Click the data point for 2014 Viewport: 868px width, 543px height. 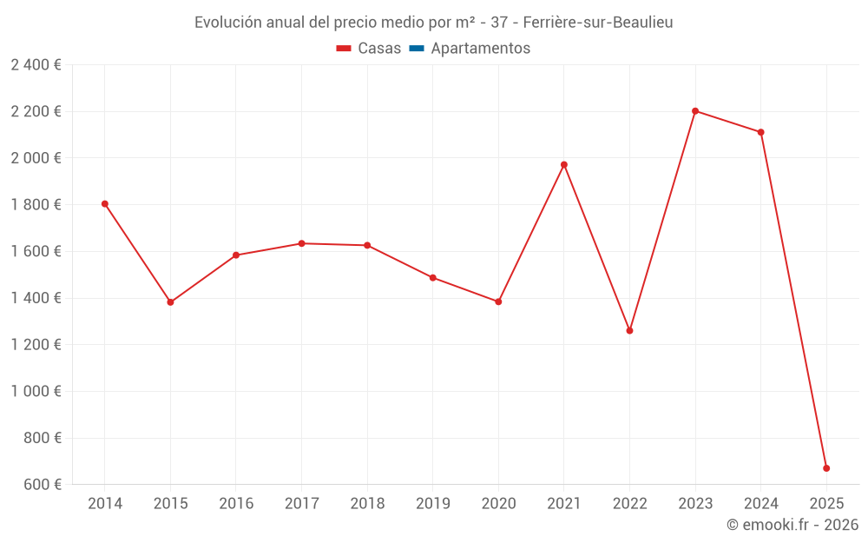[105, 204]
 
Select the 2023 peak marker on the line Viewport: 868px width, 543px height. [695, 111]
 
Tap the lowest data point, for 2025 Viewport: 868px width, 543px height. [826, 468]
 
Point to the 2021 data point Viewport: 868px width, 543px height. [564, 165]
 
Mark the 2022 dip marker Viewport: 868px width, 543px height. [629, 330]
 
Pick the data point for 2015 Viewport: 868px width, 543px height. [170, 302]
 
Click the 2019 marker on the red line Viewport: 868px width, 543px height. [433, 278]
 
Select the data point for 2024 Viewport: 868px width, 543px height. [761, 132]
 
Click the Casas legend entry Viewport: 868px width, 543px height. [369, 49]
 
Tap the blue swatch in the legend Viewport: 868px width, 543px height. [416, 49]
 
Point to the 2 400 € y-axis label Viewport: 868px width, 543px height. [36, 65]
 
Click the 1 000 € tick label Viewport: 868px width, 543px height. [36, 391]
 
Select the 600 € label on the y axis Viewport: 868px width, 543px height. [43, 485]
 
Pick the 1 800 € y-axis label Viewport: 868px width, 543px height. [36, 205]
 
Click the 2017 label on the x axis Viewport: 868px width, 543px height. [301, 504]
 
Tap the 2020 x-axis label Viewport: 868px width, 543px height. [498, 504]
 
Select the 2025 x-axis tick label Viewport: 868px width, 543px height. [826, 504]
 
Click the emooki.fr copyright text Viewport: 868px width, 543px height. [792, 525]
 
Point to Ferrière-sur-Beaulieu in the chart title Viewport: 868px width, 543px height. [598, 23]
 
